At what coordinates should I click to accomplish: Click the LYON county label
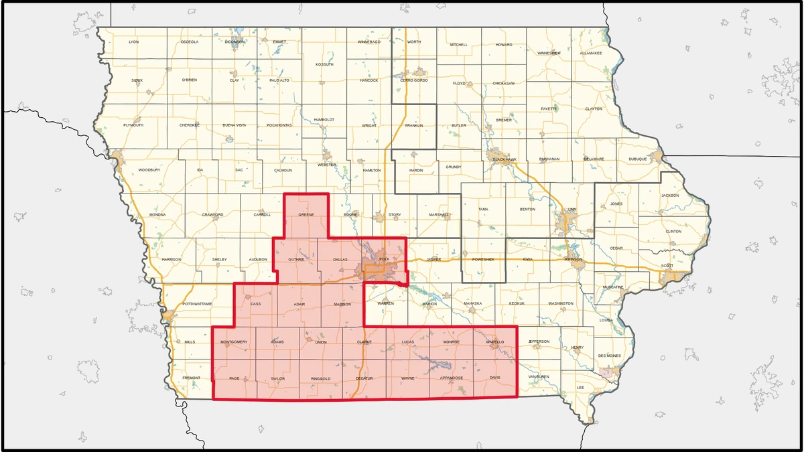(133, 42)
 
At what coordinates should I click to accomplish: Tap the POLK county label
(384, 258)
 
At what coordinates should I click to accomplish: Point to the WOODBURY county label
(149, 170)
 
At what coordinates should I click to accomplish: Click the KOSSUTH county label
(324, 64)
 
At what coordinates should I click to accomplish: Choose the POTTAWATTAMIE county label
(197, 304)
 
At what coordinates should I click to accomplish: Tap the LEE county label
(580, 388)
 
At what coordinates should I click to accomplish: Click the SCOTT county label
(667, 265)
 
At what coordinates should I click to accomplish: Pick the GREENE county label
(306, 215)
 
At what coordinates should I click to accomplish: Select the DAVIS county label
(495, 378)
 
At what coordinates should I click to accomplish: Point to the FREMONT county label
(191, 378)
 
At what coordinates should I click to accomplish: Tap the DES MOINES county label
(610, 356)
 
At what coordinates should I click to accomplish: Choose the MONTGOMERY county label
(234, 342)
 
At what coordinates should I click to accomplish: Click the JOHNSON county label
(573, 258)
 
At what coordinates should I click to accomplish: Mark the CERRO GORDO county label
(413, 80)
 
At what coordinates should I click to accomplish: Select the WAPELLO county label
(494, 342)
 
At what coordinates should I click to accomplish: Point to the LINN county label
(572, 210)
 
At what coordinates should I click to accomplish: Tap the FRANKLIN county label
(414, 125)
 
